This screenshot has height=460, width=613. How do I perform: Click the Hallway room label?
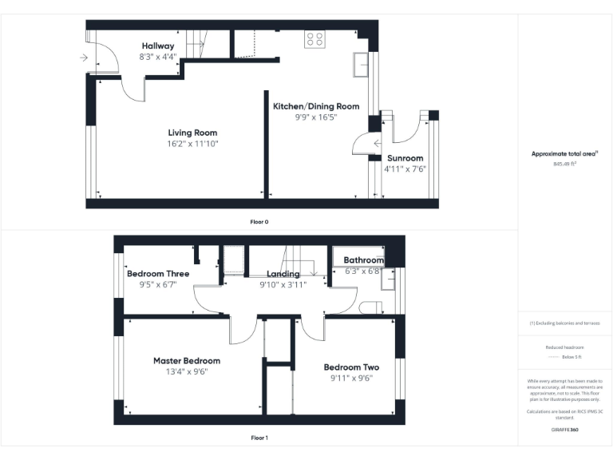pos(157,46)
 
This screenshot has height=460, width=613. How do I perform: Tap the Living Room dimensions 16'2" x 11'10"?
pos(192,144)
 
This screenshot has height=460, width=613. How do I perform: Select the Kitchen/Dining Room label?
pos(315,106)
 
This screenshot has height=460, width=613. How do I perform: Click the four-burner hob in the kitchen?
pos(314,39)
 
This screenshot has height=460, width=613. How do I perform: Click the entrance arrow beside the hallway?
pos(85,57)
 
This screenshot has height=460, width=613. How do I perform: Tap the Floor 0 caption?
pos(259,221)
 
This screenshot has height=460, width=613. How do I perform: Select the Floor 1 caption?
pos(259,438)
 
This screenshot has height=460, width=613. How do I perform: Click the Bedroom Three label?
pos(157,273)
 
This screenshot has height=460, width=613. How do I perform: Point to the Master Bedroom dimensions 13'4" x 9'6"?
pos(187,371)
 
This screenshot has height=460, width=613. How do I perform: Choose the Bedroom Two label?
pos(351,367)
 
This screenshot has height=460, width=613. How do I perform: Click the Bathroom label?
pos(364,260)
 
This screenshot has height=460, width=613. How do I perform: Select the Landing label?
pos(283,274)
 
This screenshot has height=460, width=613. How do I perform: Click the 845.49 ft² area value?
pos(565,164)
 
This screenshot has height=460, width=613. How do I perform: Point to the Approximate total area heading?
pos(564,153)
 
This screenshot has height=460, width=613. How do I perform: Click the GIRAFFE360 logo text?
pos(564,430)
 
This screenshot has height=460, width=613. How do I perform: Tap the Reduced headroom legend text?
pos(564,347)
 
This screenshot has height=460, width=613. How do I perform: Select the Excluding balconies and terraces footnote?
pos(565,323)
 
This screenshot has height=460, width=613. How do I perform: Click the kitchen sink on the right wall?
pos(360,62)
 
